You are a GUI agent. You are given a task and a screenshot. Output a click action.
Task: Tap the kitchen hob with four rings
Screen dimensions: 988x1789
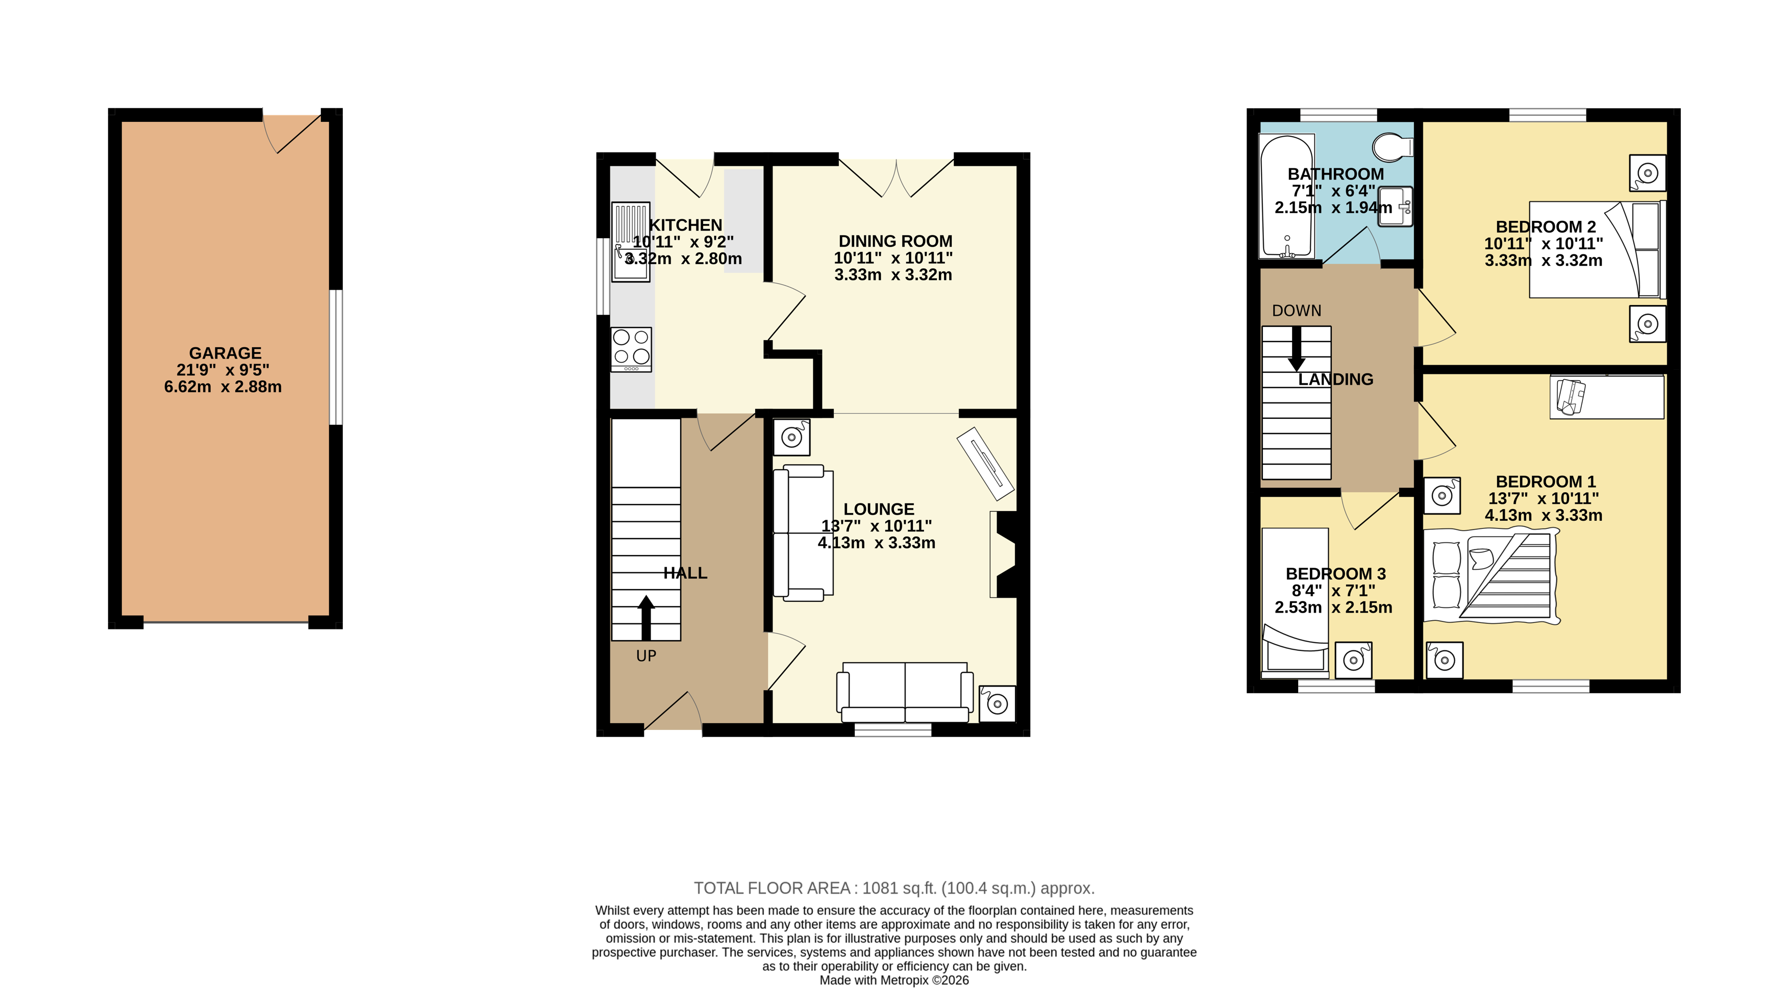631,348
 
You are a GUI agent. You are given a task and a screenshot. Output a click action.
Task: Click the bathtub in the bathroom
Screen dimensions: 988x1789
1286,196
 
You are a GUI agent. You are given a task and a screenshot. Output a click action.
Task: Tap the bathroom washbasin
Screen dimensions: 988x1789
1395,206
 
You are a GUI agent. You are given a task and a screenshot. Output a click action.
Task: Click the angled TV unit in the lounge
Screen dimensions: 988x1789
985,463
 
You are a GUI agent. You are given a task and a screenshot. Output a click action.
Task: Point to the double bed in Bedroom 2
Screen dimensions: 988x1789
1597,250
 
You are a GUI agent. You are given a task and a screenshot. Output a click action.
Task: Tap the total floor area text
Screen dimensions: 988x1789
894,888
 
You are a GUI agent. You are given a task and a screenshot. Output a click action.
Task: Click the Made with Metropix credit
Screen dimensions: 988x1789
894,980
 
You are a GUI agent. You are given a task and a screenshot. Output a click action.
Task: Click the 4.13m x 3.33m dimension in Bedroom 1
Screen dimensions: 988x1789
1543,515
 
